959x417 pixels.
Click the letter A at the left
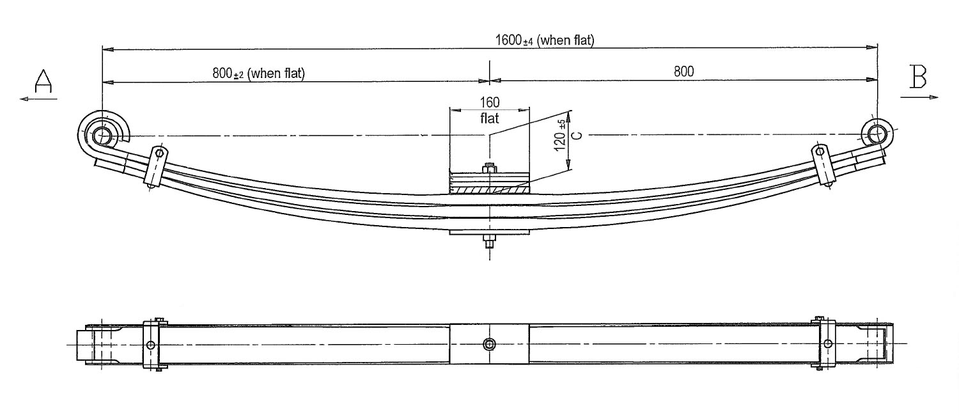pyautogui.click(x=43, y=81)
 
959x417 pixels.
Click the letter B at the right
pyautogui.click(x=918, y=77)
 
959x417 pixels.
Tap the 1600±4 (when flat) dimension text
pyautogui.click(x=545, y=40)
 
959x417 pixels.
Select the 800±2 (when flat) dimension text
pyautogui.click(x=258, y=73)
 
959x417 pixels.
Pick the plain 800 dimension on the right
pyautogui.click(x=683, y=71)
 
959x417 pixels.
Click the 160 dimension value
pyautogui.click(x=489, y=102)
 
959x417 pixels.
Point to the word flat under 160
pyautogui.click(x=489, y=118)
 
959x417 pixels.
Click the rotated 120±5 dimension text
pyautogui.click(x=559, y=136)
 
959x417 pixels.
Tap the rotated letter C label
pyautogui.click(x=577, y=136)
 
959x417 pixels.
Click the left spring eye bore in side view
pyautogui.click(x=102, y=136)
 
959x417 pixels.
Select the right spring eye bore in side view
pyautogui.click(x=877, y=134)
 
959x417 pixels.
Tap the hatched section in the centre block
pyautogui.click(x=489, y=189)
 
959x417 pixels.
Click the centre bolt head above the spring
pyautogui.click(x=489, y=168)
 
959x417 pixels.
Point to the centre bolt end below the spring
pyautogui.click(x=489, y=241)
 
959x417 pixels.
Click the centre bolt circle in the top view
pyautogui.click(x=489, y=344)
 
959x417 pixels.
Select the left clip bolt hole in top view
pyautogui.click(x=151, y=345)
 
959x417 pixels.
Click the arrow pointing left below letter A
pyautogui.click(x=38, y=99)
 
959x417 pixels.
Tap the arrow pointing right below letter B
pyautogui.click(x=919, y=97)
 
